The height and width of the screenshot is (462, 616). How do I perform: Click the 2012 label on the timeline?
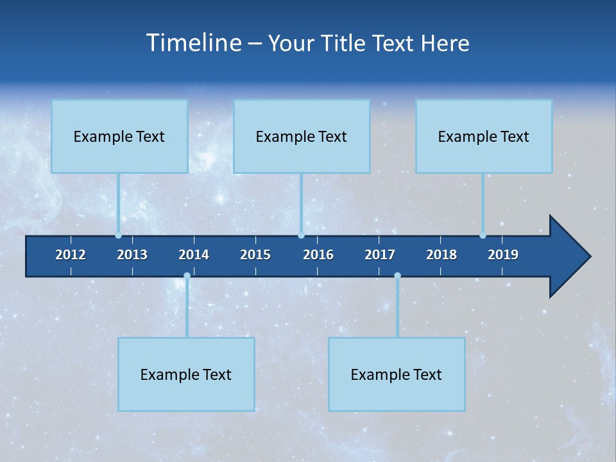pyautogui.click(x=71, y=255)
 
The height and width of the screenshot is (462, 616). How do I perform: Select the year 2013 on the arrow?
pyautogui.click(x=132, y=255)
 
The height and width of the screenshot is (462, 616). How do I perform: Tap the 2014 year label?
pyautogui.click(x=194, y=255)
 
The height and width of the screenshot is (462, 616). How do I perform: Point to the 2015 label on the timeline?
pyautogui.click(x=255, y=255)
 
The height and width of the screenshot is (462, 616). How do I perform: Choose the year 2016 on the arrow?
pyautogui.click(x=318, y=255)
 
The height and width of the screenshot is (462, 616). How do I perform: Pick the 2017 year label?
pyautogui.click(x=380, y=255)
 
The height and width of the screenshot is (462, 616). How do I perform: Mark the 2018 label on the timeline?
pyautogui.click(x=441, y=255)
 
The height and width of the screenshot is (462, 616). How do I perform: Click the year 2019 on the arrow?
pyautogui.click(x=503, y=255)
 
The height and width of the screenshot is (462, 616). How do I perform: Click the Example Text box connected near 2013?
pyautogui.click(x=119, y=136)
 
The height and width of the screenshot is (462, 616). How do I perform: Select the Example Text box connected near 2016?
pyautogui.click(x=302, y=136)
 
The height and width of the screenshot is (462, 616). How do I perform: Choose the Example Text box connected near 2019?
pyautogui.click(x=484, y=136)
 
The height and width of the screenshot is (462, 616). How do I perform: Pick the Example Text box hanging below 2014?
pyautogui.click(x=186, y=374)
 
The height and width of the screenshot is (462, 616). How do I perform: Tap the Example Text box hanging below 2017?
pyautogui.click(x=397, y=374)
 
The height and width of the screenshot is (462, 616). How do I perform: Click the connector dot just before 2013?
pyautogui.click(x=119, y=235)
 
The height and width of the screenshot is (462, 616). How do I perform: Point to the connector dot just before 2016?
pyautogui.click(x=302, y=235)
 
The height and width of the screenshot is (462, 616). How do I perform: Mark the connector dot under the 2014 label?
pyautogui.click(x=187, y=276)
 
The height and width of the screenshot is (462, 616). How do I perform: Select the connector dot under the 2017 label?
pyautogui.click(x=397, y=276)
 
